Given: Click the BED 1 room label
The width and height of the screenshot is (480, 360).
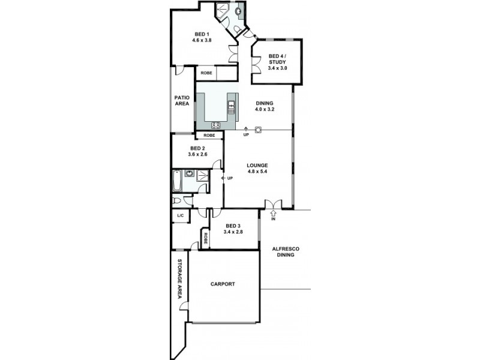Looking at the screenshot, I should point(202,34).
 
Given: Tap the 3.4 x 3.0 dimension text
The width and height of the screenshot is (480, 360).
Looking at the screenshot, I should point(277,68).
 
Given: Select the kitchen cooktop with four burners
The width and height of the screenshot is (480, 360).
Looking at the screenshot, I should point(216,125).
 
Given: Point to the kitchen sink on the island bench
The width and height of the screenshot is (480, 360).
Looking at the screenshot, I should point(231,109).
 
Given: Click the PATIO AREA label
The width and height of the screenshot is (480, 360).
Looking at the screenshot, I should point(182,101).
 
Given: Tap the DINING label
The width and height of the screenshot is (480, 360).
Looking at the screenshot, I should point(264,103).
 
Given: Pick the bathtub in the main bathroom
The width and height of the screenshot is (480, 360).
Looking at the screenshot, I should point(177,180).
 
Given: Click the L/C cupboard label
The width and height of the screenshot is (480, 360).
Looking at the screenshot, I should point(179,215).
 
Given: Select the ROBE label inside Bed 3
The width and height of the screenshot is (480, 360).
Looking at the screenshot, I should point(205,239).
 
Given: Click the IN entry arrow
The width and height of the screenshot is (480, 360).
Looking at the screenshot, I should point(274,214).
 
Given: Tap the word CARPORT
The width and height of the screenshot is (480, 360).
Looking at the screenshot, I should point(223,284).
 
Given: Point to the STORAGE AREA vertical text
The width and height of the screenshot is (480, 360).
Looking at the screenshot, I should point(179,279).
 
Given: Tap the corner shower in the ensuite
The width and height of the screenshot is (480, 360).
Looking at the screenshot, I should point(221,9).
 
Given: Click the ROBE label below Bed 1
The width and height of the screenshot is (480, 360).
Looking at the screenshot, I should point(206,73).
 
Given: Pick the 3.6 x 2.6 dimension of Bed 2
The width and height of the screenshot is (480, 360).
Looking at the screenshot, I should point(198,155).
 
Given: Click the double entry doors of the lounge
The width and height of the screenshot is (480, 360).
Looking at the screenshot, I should point(273,204).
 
